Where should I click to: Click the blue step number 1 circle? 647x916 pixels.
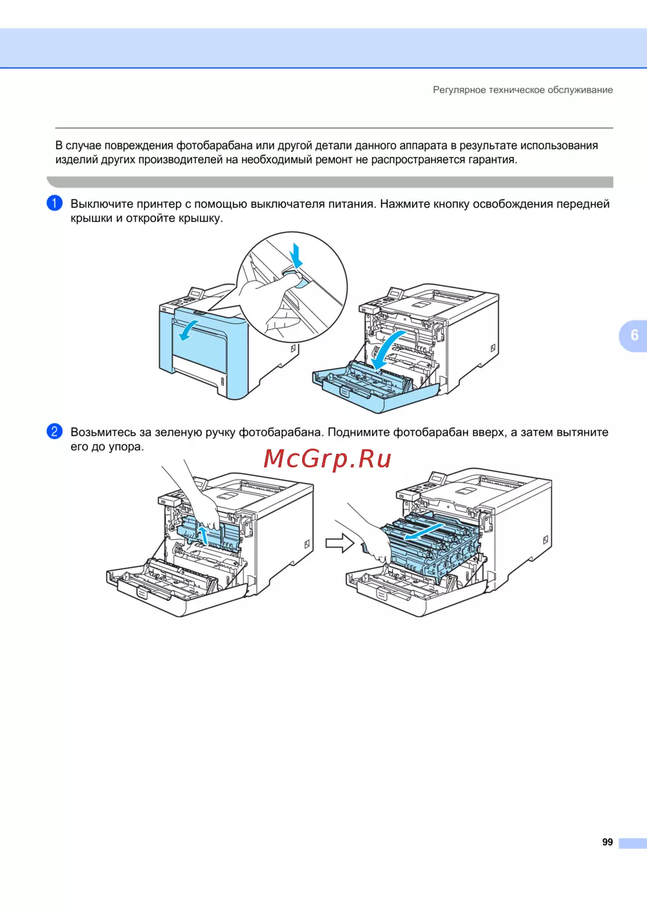click(x=54, y=203)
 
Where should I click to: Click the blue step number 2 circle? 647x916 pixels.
click(x=54, y=431)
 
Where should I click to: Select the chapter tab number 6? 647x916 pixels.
click(x=634, y=335)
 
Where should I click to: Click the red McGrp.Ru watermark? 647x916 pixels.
click(x=327, y=459)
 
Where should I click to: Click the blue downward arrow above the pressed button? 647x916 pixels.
click(x=296, y=255)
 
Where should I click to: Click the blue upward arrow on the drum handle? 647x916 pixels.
click(x=203, y=535)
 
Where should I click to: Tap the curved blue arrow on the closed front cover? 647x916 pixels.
click(x=188, y=330)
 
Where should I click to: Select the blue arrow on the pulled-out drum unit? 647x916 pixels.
click(x=423, y=531)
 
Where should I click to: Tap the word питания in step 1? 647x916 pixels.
click(x=351, y=204)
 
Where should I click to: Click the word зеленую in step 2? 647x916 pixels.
click(x=179, y=432)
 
